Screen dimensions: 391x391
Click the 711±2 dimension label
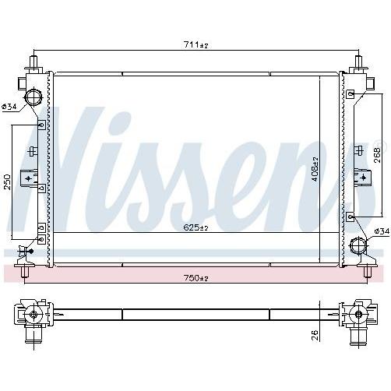(x=196, y=45)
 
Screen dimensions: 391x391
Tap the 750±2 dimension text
(x=196, y=278)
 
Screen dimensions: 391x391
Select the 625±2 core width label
(x=196, y=227)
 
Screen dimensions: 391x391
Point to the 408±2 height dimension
(x=315, y=169)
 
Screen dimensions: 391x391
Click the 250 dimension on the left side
(x=8, y=181)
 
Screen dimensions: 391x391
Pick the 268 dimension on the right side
(x=377, y=155)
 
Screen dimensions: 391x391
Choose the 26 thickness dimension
(x=315, y=335)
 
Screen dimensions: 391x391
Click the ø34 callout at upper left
(x=9, y=107)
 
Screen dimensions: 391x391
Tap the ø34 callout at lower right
(x=382, y=231)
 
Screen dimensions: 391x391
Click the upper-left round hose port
(x=33, y=97)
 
